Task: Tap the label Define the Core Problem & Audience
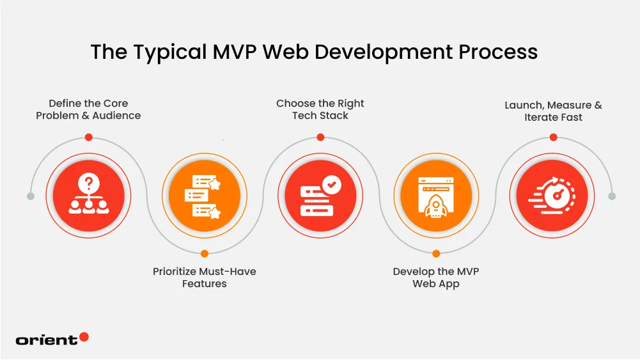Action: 88,109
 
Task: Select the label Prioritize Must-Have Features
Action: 205,278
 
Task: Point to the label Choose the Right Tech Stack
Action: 320,109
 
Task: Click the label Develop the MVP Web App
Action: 436,278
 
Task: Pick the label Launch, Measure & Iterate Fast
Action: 553,111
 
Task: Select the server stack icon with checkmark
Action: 321,196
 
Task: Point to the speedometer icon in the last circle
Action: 552,196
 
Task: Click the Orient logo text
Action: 47,340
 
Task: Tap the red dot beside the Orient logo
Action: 84,337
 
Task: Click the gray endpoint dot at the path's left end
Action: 31,196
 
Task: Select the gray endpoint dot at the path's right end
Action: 611,196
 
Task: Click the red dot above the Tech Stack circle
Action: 320,137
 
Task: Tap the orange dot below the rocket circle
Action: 436,254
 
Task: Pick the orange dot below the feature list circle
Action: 205,254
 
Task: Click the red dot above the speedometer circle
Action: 553,137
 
